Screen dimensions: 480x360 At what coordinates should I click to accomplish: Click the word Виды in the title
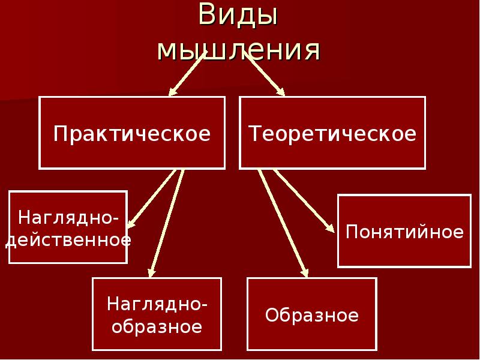click(238, 14)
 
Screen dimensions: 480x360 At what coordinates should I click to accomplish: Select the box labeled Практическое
click(132, 133)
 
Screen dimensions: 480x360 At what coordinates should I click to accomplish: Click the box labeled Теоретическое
click(332, 133)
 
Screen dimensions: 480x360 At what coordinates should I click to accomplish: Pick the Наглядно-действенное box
click(68, 227)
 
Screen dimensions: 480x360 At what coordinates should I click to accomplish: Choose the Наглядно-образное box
click(157, 314)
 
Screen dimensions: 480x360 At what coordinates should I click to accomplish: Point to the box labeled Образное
click(312, 314)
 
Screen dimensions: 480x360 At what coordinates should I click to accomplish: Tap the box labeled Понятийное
click(404, 231)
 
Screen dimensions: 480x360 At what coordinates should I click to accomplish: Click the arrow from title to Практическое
click(187, 73)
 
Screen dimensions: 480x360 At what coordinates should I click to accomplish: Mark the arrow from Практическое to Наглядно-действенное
click(152, 199)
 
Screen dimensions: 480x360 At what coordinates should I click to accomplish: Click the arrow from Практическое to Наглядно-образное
click(166, 223)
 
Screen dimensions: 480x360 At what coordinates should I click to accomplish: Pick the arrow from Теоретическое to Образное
click(283, 223)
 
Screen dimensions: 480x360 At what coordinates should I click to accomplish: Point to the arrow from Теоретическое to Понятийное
click(304, 201)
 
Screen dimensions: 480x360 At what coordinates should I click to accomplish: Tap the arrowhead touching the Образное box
click(304, 272)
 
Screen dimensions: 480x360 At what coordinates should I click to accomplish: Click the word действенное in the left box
click(68, 240)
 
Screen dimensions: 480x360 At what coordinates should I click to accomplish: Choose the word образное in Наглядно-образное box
click(157, 326)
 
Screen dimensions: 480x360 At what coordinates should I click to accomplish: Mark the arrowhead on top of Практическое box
click(173, 92)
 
